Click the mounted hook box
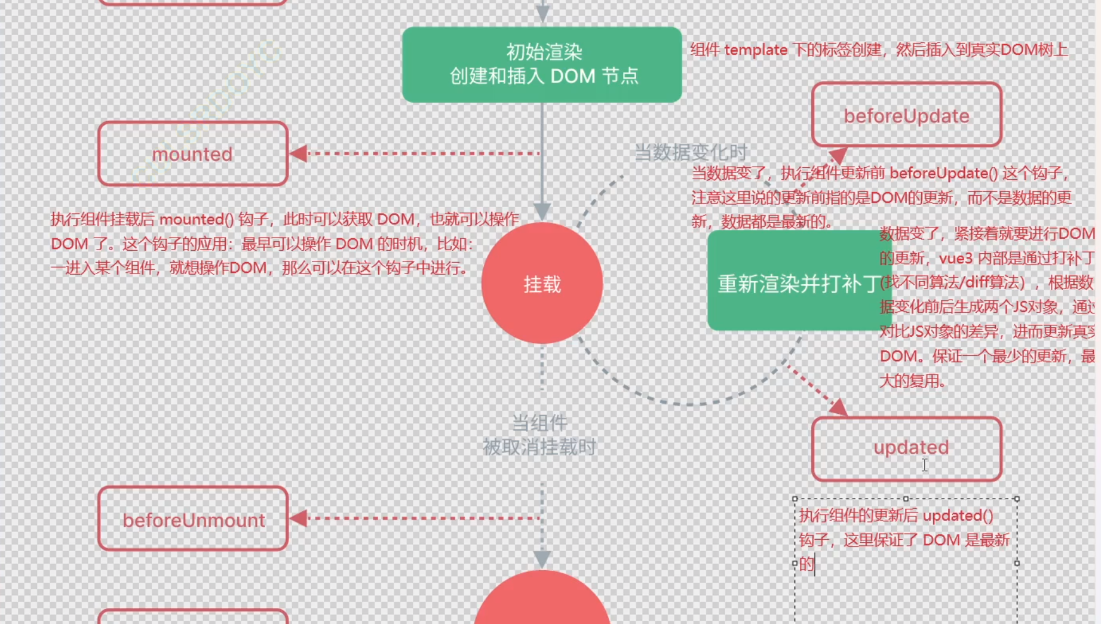pos(192,154)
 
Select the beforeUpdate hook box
pos(906,115)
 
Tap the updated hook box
pos(906,448)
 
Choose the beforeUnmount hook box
pos(193,520)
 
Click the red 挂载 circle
pos(542,283)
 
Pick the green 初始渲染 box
pos(542,64)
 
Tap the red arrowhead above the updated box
pos(839,407)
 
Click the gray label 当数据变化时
pos(690,152)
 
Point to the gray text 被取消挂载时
pos(539,447)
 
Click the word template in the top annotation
pos(755,50)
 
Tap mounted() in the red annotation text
pos(197,219)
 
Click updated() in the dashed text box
pos(958,515)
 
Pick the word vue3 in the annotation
pos(956,258)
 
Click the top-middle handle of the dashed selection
pos(906,499)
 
